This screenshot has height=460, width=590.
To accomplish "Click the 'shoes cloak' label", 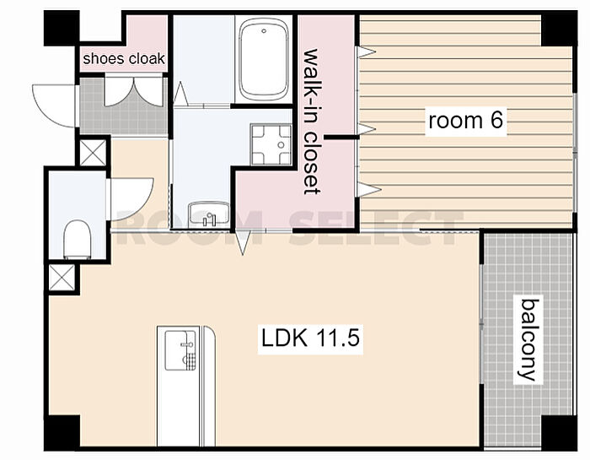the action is (124, 59).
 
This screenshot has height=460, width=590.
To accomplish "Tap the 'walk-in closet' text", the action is (313, 122).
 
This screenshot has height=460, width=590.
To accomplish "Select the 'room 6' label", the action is (466, 121).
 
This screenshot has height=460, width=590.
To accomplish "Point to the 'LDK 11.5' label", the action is (310, 338).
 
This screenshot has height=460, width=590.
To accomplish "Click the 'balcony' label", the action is (528, 340).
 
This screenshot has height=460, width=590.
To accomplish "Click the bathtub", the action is (264, 60).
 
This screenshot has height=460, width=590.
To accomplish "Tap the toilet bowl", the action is (78, 240).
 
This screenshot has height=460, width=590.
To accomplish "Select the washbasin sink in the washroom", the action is (209, 214).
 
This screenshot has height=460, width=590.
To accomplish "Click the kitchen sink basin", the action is (180, 350).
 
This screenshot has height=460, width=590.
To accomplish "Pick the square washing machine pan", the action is (271, 144).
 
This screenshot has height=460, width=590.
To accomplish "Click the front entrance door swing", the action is (54, 106).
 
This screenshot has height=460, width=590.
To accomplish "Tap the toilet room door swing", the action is (131, 199).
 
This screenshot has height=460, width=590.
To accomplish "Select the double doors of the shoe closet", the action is (133, 91).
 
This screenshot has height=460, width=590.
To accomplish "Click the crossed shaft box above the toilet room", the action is (93, 153).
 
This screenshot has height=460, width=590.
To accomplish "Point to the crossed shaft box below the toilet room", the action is (62, 278).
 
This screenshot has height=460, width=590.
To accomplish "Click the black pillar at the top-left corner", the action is (62, 28).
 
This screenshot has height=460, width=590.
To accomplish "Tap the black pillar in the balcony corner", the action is (559, 433).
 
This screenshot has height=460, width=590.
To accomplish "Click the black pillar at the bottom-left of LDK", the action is (62, 433).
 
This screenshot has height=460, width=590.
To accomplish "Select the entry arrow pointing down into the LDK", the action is (243, 242).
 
